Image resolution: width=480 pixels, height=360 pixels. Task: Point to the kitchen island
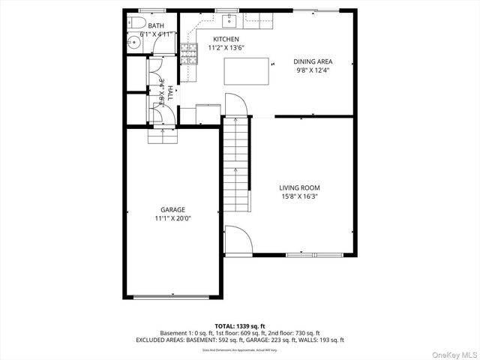pos(247,72)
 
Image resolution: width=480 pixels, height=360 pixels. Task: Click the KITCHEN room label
pos(226,39)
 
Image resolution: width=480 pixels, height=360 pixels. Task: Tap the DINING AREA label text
pos(312,61)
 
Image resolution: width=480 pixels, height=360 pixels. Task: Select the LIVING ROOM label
pos(299,188)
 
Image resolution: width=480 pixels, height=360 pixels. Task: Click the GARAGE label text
pos(172,210)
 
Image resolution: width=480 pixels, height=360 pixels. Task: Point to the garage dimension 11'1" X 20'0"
pos(172,219)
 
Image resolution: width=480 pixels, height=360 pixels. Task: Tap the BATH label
pos(156,26)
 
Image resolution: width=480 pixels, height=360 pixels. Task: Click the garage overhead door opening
pos(172,297)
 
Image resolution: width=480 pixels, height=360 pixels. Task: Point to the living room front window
pos(310,255)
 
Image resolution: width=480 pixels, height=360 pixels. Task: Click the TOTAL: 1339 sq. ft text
pos(239,326)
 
